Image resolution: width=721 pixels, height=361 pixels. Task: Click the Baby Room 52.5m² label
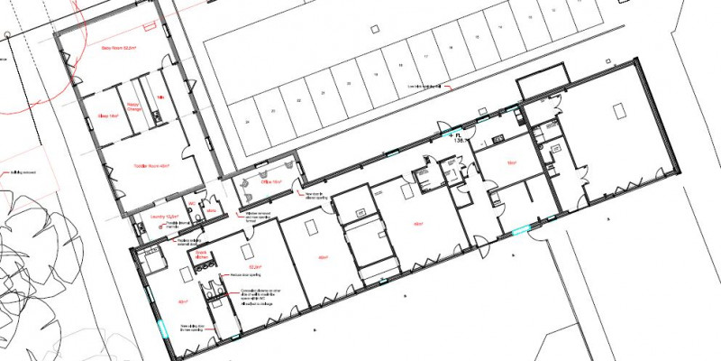(x=116, y=47)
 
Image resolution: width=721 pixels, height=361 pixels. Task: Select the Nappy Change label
(x=134, y=106)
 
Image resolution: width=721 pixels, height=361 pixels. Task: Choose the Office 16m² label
(x=270, y=182)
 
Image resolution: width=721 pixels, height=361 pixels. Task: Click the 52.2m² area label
(x=254, y=268)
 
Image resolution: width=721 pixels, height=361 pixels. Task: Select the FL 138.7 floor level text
(x=461, y=138)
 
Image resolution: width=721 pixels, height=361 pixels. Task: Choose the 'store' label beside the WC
(x=212, y=209)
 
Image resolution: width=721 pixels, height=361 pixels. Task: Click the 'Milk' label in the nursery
(x=160, y=97)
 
